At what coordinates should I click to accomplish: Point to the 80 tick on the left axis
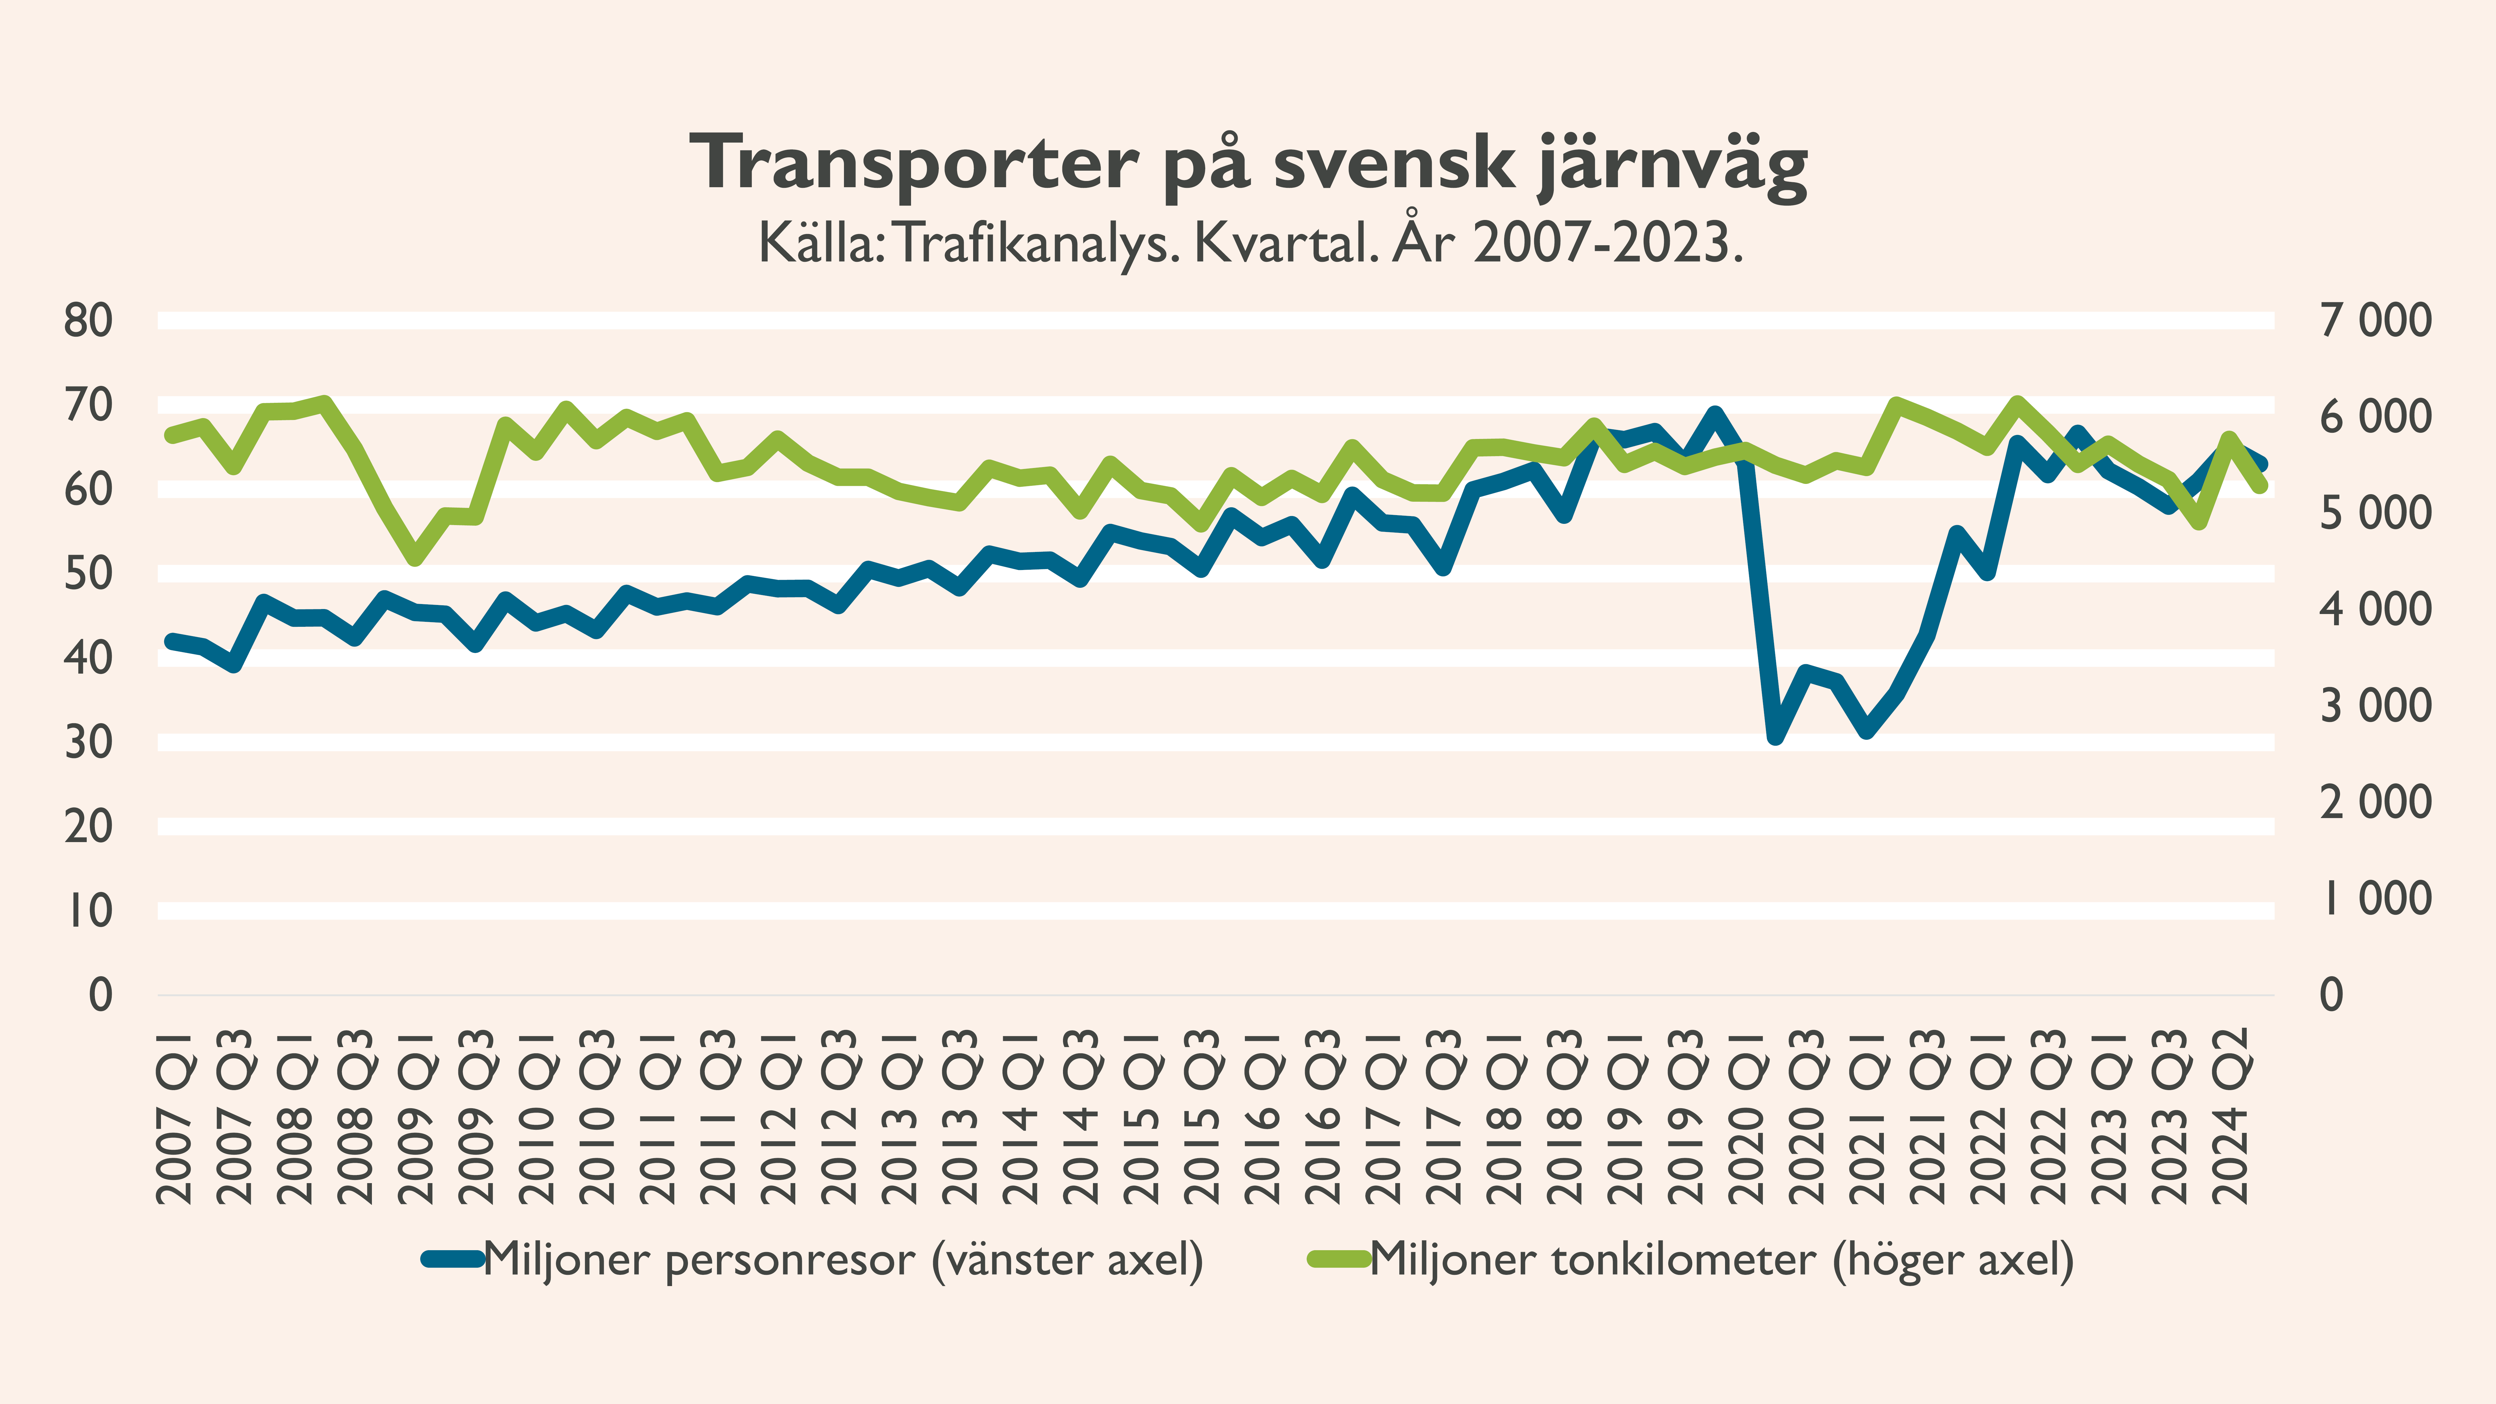pyautogui.click(x=88, y=321)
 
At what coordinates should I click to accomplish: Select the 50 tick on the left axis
pyautogui.click(x=88, y=574)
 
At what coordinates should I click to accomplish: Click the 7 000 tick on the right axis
pyautogui.click(x=2375, y=321)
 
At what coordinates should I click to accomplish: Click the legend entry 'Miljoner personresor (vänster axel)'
pyautogui.click(x=843, y=1260)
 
